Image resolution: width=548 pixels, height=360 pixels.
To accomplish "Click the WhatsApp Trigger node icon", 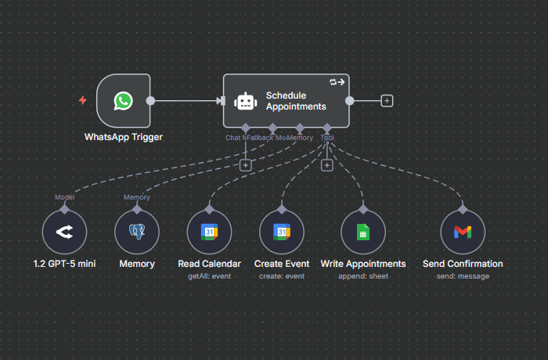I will click(123, 100).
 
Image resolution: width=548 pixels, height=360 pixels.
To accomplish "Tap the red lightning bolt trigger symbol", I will click(82, 100).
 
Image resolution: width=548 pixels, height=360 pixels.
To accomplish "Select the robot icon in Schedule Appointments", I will click(246, 101).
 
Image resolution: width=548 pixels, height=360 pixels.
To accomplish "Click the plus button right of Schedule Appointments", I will click(387, 100).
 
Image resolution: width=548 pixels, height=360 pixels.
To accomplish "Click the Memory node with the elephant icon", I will click(137, 232).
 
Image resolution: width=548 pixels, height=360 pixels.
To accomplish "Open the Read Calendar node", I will click(209, 232).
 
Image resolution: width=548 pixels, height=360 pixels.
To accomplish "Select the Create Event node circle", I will click(282, 232).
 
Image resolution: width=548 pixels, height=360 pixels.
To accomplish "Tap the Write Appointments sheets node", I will click(363, 232).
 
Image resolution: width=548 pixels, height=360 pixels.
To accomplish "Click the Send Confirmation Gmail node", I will click(463, 232).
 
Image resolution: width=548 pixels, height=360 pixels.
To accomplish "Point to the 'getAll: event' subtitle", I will click(209, 276).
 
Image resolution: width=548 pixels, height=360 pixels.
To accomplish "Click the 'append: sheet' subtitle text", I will click(363, 276).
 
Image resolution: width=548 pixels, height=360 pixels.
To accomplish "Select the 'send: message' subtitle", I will click(463, 276).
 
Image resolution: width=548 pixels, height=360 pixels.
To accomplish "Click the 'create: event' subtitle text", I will click(282, 276).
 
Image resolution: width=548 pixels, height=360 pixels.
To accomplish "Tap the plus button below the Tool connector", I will click(327, 165).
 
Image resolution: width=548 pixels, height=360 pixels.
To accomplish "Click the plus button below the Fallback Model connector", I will click(245, 165).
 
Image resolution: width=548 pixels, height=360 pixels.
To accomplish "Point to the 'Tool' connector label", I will click(327, 138).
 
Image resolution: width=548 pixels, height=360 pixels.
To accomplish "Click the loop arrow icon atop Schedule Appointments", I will click(337, 81).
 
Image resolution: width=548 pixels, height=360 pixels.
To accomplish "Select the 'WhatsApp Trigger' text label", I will click(124, 137).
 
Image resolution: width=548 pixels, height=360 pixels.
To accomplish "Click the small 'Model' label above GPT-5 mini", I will click(64, 197).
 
